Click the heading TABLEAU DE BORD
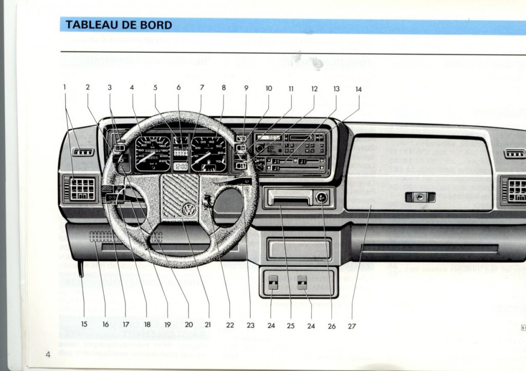[119, 25]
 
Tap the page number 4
[47, 354]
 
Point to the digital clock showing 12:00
[180, 166]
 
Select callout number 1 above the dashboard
[65, 88]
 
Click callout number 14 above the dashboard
[359, 89]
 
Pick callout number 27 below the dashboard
[352, 325]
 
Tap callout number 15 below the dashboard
[84, 324]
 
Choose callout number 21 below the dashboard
[208, 325]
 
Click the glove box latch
[420, 197]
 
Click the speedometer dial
[152, 153]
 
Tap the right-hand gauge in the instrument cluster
[208, 153]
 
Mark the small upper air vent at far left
[83, 152]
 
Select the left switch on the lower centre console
[274, 283]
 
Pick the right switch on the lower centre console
[302, 283]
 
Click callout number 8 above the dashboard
[223, 88]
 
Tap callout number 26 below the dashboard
[331, 325]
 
